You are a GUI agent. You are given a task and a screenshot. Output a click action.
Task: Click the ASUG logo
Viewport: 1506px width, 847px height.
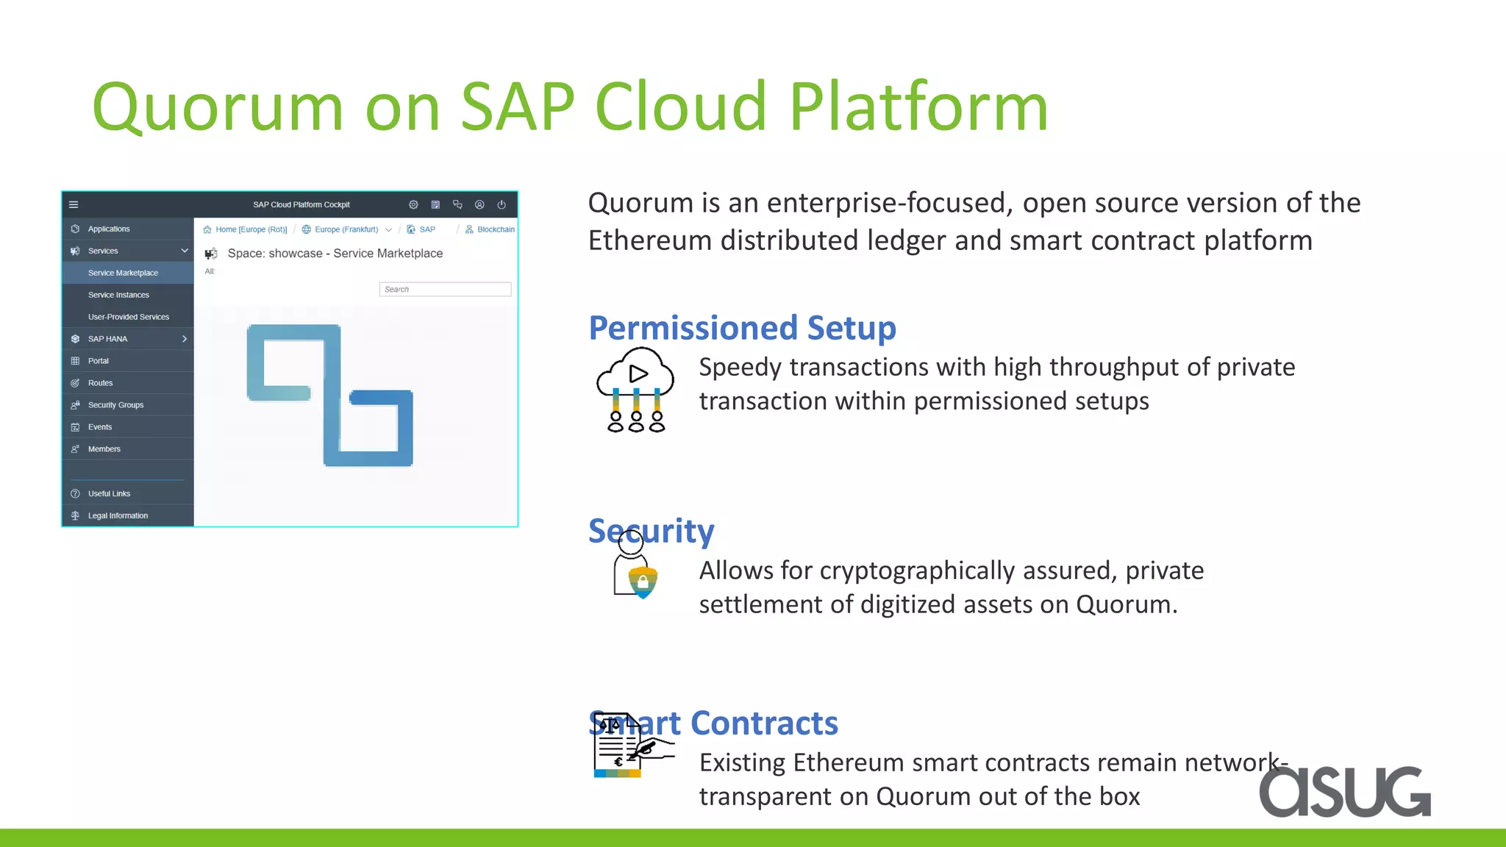[x=1344, y=791]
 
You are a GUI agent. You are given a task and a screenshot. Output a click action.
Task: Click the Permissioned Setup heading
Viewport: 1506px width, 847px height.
[x=742, y=328]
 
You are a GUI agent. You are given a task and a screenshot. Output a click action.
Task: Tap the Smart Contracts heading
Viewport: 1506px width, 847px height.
[x=713, y=723]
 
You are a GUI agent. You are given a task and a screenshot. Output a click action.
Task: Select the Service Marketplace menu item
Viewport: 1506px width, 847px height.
[x=123, y=273]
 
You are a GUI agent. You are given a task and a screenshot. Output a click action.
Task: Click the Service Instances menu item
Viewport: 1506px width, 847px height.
[x=118, y=295]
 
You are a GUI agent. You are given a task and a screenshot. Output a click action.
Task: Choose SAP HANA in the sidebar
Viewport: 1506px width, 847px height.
[x=107, y=339]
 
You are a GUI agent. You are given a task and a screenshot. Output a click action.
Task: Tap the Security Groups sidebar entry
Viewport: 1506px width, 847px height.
[x=115, y=405]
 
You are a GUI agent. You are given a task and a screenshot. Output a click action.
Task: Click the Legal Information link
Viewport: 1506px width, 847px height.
[x=118, y=515]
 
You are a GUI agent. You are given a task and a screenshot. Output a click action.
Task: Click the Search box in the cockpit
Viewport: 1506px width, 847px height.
[x=445, y=289]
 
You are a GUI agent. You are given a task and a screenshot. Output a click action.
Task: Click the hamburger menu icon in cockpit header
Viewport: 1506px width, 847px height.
[x=74, y=204]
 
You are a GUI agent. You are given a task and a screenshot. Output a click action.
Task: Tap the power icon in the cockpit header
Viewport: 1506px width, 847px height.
[x=502, y=204]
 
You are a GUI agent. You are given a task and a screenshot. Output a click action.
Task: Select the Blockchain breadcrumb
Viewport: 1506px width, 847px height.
[x=495, y=229]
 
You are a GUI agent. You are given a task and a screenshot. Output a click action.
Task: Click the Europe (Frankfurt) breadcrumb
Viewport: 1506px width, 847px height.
[x=346, y=229]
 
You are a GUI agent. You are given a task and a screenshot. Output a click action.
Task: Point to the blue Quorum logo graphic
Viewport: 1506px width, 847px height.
[x=330, y=395]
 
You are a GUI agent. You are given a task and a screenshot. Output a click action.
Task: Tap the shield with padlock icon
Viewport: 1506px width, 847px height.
[x=643, y=582]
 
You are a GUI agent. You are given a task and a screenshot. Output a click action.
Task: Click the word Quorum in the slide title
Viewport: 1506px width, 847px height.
[x=218, y=107]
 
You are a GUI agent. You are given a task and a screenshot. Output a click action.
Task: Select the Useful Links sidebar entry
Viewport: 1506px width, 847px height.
[x=109, y=493]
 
